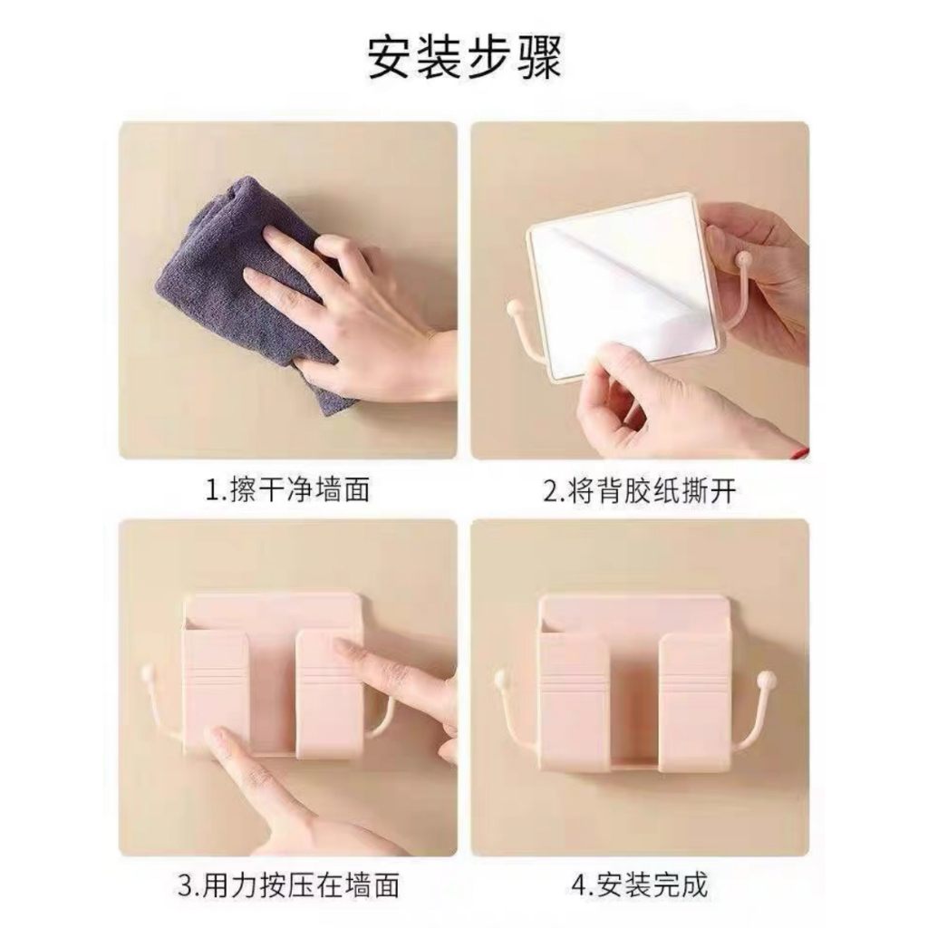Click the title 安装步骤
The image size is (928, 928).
pyautogui.click(x=464, y=57)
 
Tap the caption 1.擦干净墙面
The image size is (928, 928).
pyautogui.click(x=287, y=490)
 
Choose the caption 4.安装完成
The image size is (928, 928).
pyautogui.click(x=640, y=885)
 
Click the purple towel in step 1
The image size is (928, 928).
pyautogui.click(x=248, y=290)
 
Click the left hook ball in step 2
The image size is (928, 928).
pyautogui.click(x=514, y=308)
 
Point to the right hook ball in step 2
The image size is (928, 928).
pyautogui.click(x=740, y=258)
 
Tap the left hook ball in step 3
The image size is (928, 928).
pyautogui.click(x=148, y=673)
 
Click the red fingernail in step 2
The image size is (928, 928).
pyautogui.click(x=799, y=451)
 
